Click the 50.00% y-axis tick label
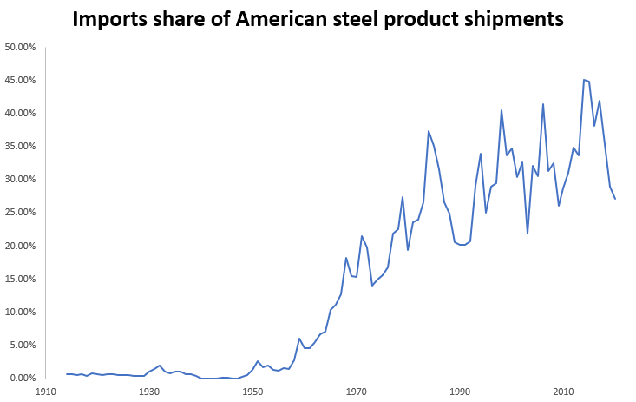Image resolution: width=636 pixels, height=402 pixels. click(x=21, y=47)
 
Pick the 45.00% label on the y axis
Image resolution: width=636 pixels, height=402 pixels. click(x=21, y=80)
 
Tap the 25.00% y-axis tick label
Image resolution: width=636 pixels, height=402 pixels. click(x=21, y=213)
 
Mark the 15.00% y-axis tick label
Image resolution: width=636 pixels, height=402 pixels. click(x=21, y=279)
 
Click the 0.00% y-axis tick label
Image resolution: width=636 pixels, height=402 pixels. click(x=23, y=379)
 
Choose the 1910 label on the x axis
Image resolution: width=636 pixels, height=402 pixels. click(x=45, y=392)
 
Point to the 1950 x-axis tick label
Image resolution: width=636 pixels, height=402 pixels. click(x=252, y=392)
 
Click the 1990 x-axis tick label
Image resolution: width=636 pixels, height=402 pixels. click(x=460, y=392)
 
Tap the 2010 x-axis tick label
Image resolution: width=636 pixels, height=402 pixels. click(x=563, y=392)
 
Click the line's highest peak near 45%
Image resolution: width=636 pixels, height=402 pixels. click(x=584, y=80)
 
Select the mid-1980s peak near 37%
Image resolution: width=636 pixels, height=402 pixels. click(x=429, y=131)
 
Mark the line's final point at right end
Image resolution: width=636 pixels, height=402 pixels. click(x=615, y=199)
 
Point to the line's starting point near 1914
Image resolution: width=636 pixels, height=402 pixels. click(x=66, y=374)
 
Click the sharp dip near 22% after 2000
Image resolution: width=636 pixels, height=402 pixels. click(x=528, y=233)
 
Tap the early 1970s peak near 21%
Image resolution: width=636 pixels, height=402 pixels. click(x=362, y=235)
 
